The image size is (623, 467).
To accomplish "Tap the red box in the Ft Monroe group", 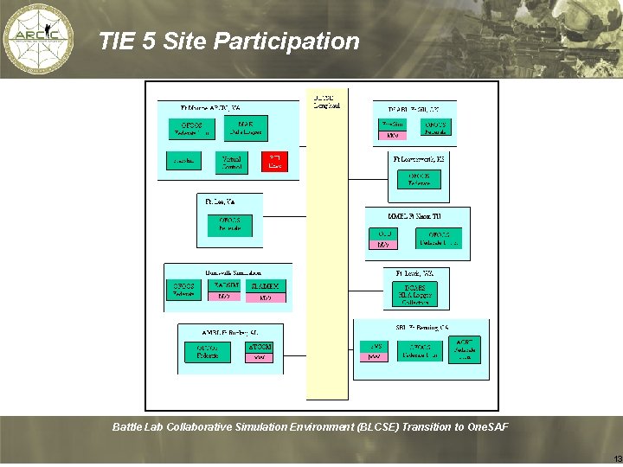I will [275, 161].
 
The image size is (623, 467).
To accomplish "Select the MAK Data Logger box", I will [245, 129].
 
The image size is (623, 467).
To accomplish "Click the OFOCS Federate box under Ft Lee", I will [229, 225].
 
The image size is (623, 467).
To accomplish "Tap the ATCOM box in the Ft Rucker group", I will [260, 351].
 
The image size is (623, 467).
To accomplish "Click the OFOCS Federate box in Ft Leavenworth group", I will [419, 179].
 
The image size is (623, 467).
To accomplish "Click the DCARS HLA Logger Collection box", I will [414, 294].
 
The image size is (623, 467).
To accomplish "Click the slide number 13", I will [616, 457].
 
